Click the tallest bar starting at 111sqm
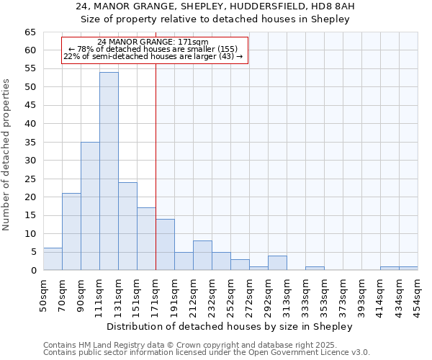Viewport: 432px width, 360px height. click(109, 171)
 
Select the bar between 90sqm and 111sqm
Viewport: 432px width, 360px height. click(90, 206)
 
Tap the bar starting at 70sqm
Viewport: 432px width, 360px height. click(71, 232)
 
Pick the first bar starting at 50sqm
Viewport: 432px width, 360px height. click(53, 259)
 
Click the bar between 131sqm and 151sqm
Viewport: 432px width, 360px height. click(127, 226)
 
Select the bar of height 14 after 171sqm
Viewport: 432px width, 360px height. click(165, 245)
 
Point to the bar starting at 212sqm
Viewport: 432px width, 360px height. click(202, 256)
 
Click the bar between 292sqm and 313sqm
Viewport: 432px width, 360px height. click(277, 263)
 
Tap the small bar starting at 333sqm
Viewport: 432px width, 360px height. click(315, 269)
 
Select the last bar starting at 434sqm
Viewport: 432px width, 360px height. click(408, 269)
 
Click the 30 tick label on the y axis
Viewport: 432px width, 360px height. click(30, 161)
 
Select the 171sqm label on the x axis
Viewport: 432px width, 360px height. click(156, 295)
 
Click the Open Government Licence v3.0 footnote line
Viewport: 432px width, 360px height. click(207, 353)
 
